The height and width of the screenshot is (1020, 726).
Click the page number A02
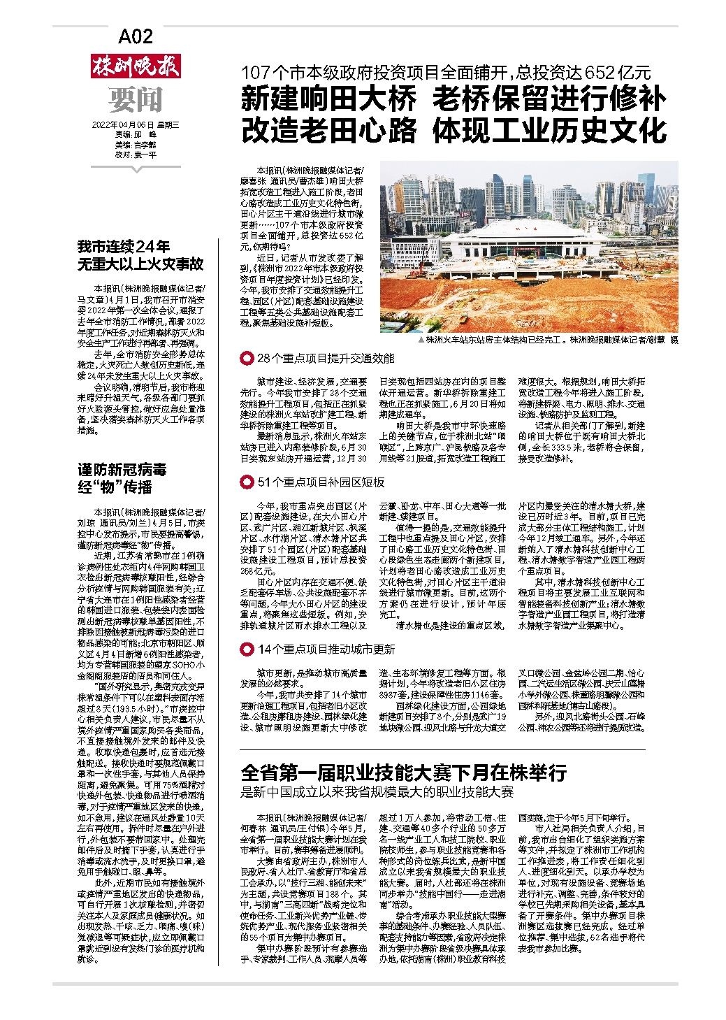(136, 37)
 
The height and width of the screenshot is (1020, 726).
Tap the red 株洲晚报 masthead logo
(136, 66)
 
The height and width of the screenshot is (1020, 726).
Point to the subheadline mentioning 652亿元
(445, 72)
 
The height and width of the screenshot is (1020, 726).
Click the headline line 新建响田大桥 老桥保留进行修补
(453, 99)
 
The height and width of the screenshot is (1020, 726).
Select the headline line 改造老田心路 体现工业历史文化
(453, 130)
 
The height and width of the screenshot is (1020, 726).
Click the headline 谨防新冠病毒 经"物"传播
(123, 477)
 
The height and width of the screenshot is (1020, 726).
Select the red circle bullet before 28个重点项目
(246, 359)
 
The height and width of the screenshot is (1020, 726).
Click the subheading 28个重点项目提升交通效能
(326, 359)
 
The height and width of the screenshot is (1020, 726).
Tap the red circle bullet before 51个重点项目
(246, 482)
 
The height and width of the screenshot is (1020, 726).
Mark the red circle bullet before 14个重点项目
(246, 649)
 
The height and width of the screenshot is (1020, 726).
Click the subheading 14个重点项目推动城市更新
(326, 649)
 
